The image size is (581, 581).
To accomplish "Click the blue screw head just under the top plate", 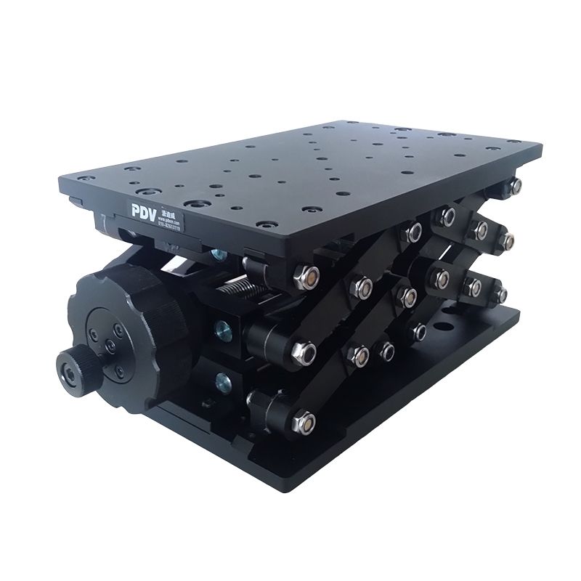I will pyautogui.click(x=216, y=254).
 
